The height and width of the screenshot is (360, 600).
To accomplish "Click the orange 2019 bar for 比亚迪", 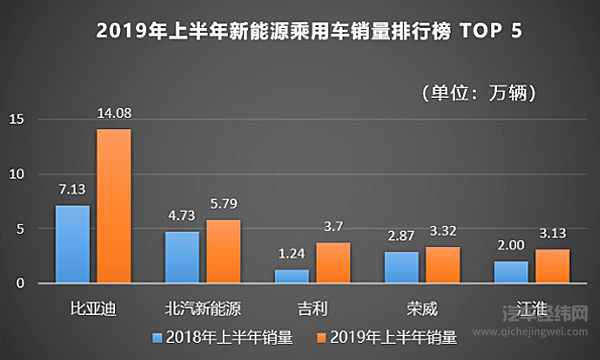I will pyautogui.click(x=113, y=206).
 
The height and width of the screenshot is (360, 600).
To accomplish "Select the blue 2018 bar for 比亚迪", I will pyautogui.click(x=73, y=244).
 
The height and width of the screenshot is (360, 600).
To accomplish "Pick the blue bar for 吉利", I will pyautogui.click(x=292, y=276).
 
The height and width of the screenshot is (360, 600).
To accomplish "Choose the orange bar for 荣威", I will pyautogui.click(x=441, y=264).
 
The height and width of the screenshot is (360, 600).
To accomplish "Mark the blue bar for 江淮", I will pyautogui.click(x=510, y=272).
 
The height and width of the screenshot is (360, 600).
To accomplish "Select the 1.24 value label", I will pyautogui.click(x=291, y=256).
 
